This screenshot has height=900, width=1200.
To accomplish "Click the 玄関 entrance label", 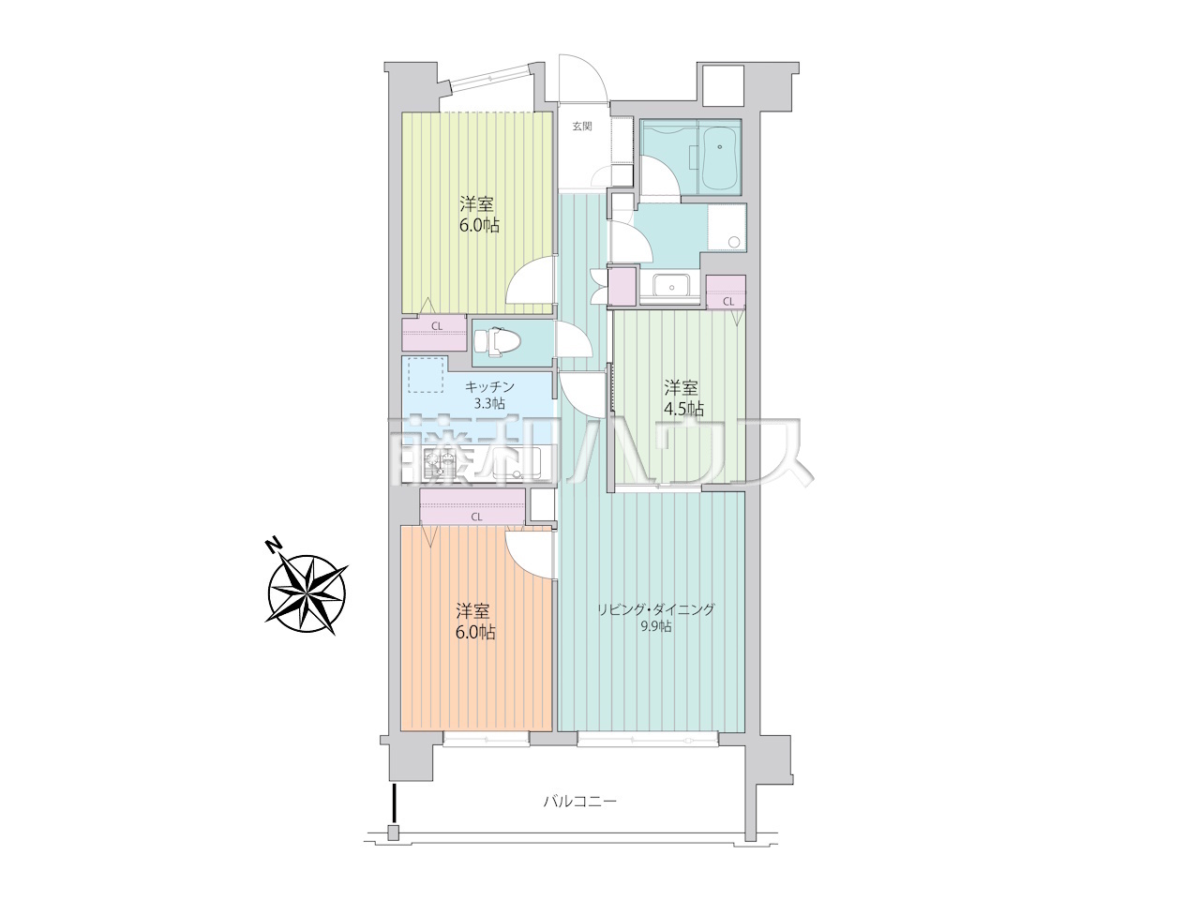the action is [581, 127].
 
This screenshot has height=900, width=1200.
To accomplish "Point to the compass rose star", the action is [307, 594].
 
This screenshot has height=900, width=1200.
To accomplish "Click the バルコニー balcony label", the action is [579, 802].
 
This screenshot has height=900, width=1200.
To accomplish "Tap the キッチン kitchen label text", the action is [489, 387].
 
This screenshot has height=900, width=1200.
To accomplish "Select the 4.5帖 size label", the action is [684, 408].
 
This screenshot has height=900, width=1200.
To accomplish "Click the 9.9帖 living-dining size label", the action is [655, 626].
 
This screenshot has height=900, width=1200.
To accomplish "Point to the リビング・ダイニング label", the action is [655, 609].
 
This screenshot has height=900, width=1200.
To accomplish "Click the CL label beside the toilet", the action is [436, 326].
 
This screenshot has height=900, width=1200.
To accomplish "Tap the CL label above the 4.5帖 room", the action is [728, 301].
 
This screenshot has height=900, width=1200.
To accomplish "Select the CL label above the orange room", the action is [476, 517].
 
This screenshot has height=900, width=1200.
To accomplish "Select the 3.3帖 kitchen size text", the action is [489, 404].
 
